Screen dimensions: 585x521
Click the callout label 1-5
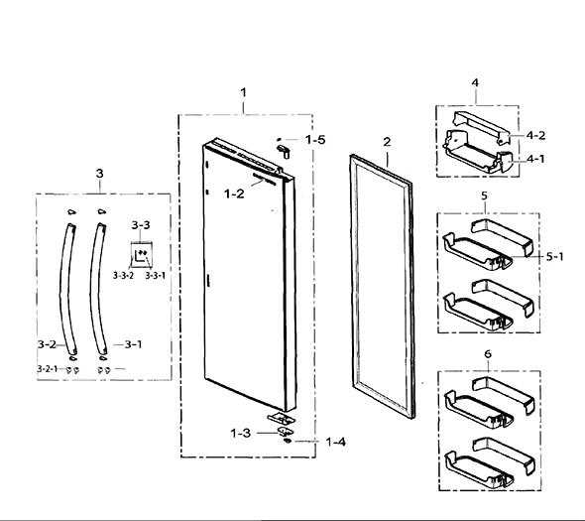point(315,140)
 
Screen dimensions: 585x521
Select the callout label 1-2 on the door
point(234,194)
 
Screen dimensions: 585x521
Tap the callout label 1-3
point(241,434)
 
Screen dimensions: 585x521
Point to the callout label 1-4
point(336,443)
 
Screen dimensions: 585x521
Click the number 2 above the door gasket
point(387,142)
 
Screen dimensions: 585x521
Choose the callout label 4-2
point(535,135)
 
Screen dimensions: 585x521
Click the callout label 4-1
point(535,159)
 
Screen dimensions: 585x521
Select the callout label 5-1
point(555,257)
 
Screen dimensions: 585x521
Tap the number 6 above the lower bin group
point(488,353)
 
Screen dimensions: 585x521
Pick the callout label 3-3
point(141,225)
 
